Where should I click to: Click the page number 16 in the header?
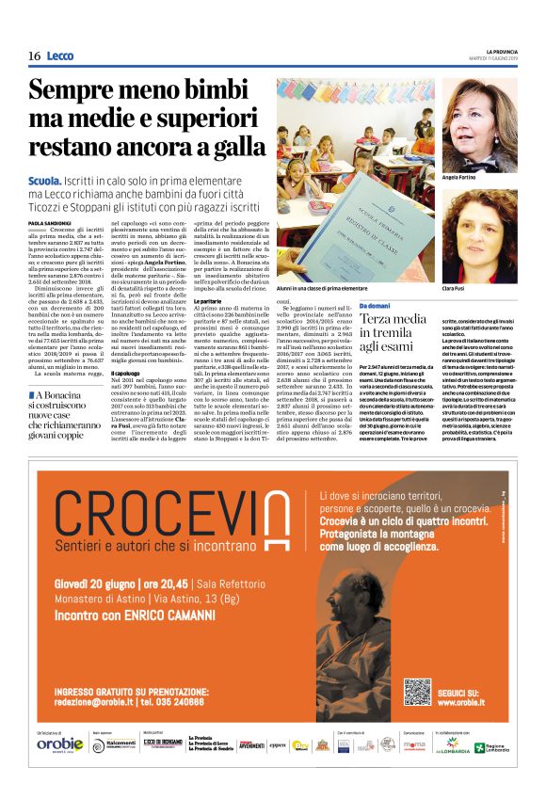coord(34,56)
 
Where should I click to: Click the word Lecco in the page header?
coord(59,56)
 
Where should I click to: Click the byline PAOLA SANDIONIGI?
coord(48,222)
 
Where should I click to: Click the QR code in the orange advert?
coord(419,692)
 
